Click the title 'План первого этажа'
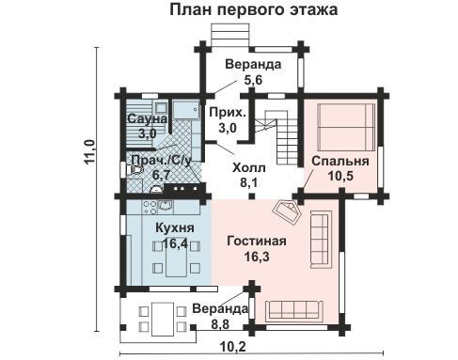coord(254,9)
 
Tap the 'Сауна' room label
coord(147,118)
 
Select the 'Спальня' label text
coord(340,161)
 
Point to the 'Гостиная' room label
coord(257,242)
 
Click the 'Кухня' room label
coord(175,228)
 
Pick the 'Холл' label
coord(249,168)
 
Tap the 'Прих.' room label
coord(228,113)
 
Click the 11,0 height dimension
coord(90,152)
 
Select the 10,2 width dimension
coord(233,347)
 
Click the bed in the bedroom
coord(346,127)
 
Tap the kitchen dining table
coord(177,259)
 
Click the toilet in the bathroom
coord(134,169)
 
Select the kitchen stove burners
coord(150,207)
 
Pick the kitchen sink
coord(166,206)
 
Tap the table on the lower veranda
coord(163,319)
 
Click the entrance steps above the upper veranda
coord(230,35)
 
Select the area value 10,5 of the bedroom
coord(340,176)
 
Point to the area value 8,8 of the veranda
coord(220,324)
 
